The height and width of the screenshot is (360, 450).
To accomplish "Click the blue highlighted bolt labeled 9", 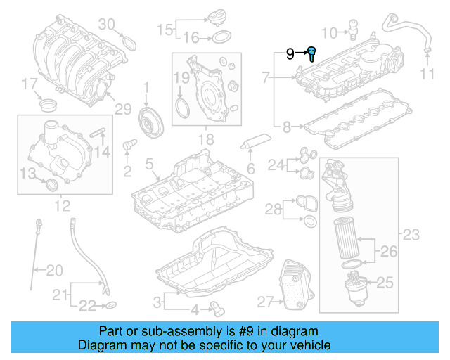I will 311,51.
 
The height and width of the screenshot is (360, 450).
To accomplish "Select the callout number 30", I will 105,24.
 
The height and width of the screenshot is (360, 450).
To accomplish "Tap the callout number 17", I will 28,86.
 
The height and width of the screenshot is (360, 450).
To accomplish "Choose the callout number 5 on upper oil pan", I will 149,164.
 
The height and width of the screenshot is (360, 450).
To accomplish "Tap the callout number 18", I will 205,141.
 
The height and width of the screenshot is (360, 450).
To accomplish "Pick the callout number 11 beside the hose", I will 428,74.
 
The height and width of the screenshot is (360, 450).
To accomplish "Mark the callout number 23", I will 411,234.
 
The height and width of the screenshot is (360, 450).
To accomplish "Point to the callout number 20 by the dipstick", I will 54,269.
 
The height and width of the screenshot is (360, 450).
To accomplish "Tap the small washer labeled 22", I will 111,306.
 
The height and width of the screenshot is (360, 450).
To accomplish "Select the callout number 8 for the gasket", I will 286,127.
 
